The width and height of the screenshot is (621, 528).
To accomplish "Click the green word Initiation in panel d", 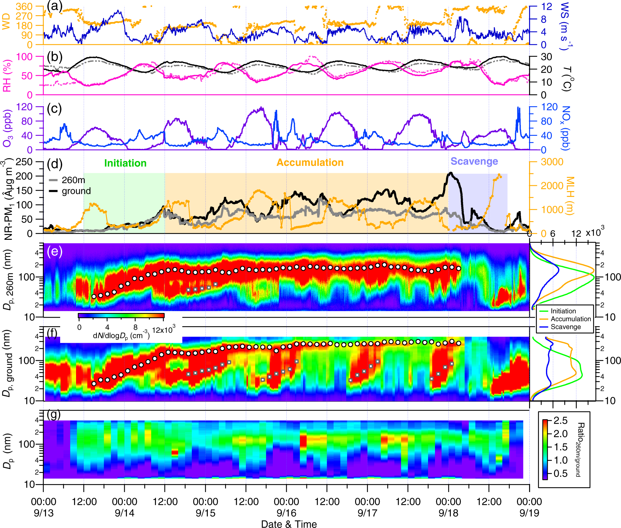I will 125,163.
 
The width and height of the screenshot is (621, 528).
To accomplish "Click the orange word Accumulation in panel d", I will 310,162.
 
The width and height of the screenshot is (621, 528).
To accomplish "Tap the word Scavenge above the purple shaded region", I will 474,161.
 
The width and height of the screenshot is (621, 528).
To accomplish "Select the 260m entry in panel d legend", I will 73,180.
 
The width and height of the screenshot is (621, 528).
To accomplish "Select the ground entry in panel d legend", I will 76,191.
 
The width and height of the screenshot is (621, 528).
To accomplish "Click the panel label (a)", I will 54,6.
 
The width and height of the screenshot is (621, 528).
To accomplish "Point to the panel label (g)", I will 53,414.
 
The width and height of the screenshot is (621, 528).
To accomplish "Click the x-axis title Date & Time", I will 289,524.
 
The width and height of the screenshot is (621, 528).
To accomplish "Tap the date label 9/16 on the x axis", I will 286,513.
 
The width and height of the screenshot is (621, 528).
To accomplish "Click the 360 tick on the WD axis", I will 24,7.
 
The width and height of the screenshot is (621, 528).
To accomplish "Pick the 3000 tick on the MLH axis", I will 552,162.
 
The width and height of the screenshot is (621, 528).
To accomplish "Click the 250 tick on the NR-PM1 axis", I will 24,162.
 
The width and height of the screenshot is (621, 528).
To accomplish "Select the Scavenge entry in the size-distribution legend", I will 565,327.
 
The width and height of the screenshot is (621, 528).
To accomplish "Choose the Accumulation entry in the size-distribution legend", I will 571,319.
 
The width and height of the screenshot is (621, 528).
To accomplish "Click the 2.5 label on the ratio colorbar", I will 560,421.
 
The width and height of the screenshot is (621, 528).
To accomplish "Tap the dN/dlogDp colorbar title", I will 121,336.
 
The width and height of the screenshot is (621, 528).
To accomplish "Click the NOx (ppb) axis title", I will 565,128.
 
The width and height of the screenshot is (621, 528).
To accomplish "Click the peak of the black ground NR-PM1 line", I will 451,172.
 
